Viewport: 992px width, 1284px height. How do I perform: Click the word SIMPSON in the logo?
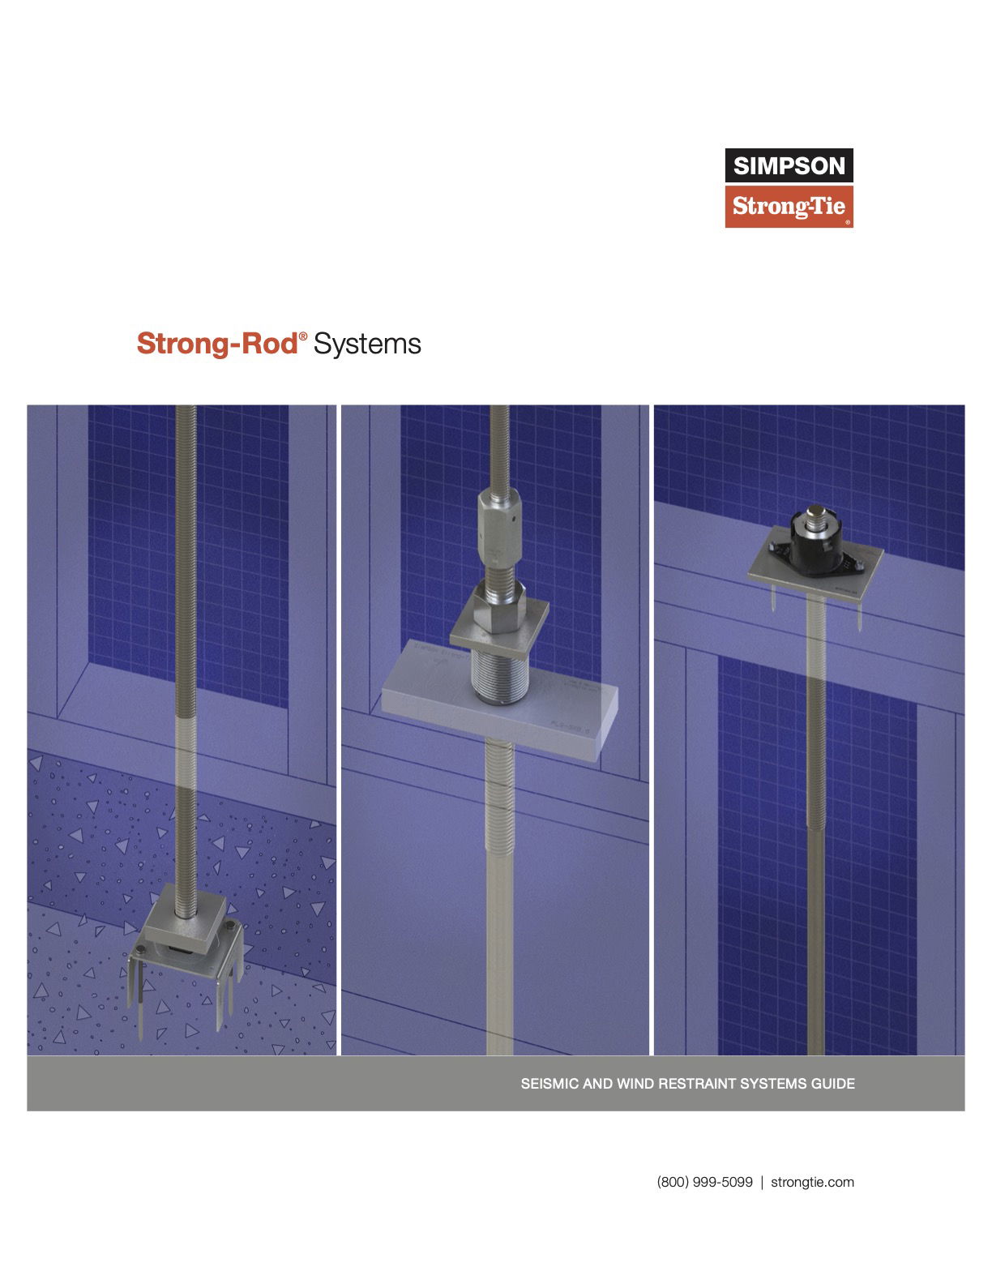pos(789,166)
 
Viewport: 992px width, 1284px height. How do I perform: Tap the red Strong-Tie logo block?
pos(789,208)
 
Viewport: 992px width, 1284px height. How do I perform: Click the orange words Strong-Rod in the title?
pos(217,344)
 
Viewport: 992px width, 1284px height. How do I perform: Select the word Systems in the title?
pos(367,344)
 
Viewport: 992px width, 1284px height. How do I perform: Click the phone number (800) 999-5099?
pos(704,1182)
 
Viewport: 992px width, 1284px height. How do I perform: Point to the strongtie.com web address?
pos(812,1182)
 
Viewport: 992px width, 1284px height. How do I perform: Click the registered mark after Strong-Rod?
pos(304,336)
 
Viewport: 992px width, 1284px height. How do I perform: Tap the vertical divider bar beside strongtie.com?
pos(762,1182)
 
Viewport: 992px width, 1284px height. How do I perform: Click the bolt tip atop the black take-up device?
pos(814,514)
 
